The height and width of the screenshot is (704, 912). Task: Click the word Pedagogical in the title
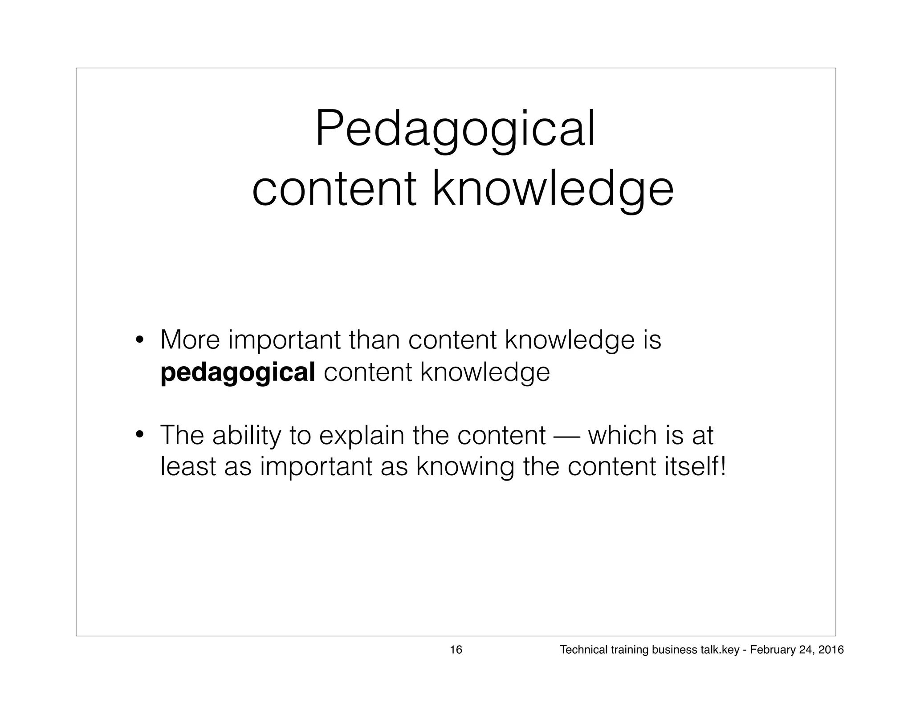coord(455,129)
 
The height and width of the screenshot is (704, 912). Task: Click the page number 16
coord(456,650)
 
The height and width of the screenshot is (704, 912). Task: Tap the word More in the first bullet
coord(190,340)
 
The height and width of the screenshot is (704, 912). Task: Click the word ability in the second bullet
coord(246,436)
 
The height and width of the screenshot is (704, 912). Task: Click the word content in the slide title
coord(334,190)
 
